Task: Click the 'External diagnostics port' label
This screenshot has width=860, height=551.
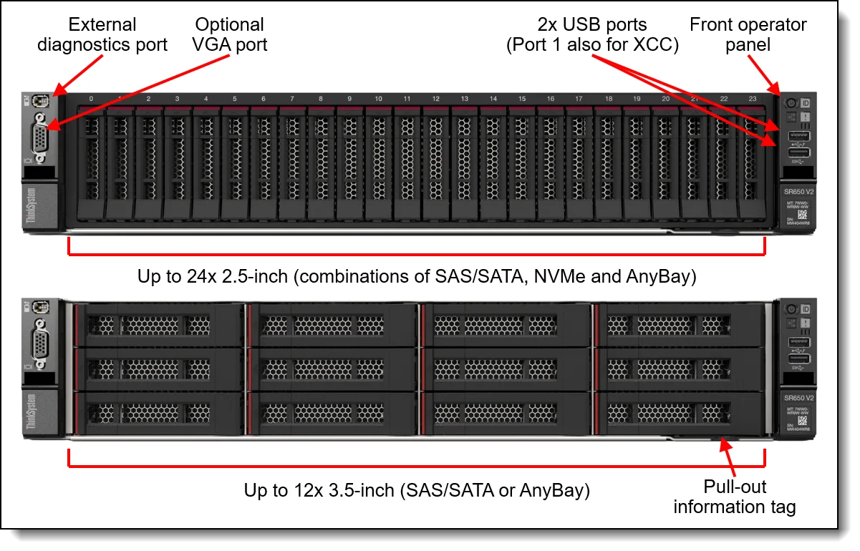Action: pos(102,34)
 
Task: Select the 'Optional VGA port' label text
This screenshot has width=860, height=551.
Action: pos(230,34)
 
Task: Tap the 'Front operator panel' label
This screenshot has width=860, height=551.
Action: pos(748,34)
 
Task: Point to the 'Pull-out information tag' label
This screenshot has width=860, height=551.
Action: pos(735,497)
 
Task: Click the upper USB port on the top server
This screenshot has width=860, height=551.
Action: pos(799,136)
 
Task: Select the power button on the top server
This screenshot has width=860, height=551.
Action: pos(791,103)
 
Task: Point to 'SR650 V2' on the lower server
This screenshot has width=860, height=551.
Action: pos(798,398)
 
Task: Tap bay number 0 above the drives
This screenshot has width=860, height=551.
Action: pos(91,99)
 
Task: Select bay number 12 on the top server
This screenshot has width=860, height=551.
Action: pos(435,99)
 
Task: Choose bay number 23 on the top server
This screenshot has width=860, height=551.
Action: pos(752,99)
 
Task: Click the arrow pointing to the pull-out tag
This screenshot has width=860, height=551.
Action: pos(730,458)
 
